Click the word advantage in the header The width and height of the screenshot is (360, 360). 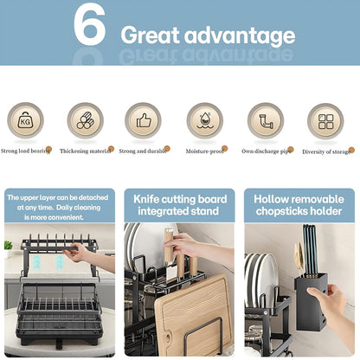[240, 35]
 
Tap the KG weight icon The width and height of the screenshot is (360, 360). [25, 120]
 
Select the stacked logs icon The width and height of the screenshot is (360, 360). [85, 120]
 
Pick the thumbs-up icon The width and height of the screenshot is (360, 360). [144, 120]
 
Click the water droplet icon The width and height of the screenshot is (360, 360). [205, 120]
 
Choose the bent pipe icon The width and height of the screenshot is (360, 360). [266, 121]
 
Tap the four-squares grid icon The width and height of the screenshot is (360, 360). [325, 121]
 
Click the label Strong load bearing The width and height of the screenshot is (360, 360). [25, 151]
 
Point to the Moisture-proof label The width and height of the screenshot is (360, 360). [204, 151]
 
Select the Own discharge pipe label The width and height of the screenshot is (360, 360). [266, 151]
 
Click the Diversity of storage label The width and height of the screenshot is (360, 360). [326, 151]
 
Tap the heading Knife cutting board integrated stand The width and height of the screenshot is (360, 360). [179, 205]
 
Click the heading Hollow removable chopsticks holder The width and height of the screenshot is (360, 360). [299, 205]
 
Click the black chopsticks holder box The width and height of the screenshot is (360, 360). [311, 301]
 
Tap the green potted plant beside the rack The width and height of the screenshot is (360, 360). [8, 248]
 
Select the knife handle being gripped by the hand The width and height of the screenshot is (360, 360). [168, 244]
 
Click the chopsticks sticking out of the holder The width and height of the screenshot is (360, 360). [310, 250]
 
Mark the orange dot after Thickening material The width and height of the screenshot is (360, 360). [111, 149]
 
